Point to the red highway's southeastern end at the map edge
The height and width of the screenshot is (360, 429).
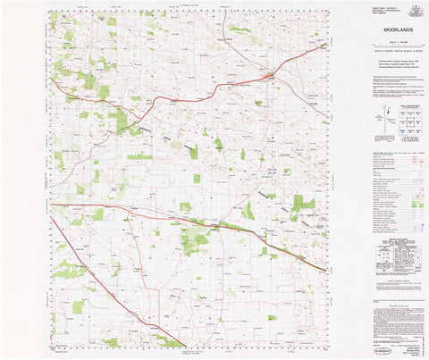point(326,269)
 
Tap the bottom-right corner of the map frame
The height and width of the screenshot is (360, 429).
point(327,346)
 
